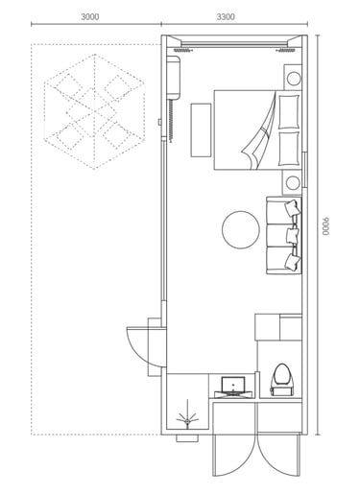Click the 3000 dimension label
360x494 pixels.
[90, 16]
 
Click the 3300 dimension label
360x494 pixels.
[226, 16]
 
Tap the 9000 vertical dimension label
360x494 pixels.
[325, 226]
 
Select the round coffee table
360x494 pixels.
[241, 229]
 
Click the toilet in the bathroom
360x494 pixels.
[282, 380]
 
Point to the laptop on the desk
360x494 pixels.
[233, 386]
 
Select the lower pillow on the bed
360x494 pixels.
[289, 149]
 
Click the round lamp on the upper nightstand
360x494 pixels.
[293, 79]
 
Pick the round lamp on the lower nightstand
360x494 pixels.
[293, 183]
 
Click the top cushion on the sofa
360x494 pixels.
[293, 207]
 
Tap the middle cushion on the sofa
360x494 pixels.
[293, 235]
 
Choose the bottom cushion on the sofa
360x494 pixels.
[293, 262]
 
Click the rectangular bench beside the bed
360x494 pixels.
[201, 129]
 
